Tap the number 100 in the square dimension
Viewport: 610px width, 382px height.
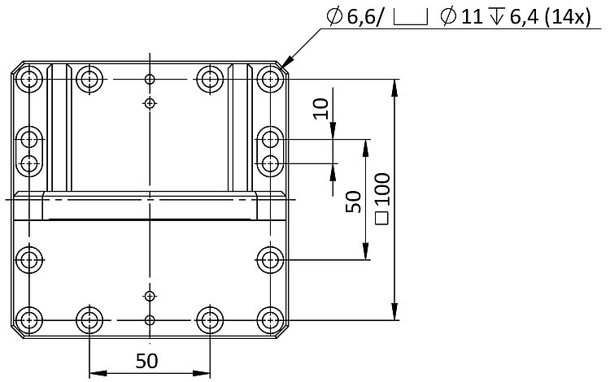pos(383,188)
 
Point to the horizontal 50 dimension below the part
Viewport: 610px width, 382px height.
pos(147,359)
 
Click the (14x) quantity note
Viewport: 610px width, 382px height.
pos(566,17)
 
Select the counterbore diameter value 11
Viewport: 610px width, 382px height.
pos(471,17)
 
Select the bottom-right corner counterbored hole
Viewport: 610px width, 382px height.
pos(268,319)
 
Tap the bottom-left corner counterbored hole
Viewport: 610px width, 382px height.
pos(30,319)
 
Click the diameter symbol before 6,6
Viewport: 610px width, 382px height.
pos(334,17)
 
